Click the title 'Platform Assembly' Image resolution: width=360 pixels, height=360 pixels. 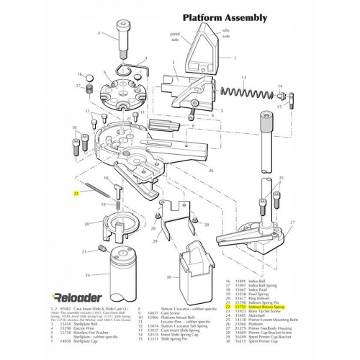[224, 17]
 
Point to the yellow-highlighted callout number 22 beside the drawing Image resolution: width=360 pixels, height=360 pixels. [75, 194]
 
